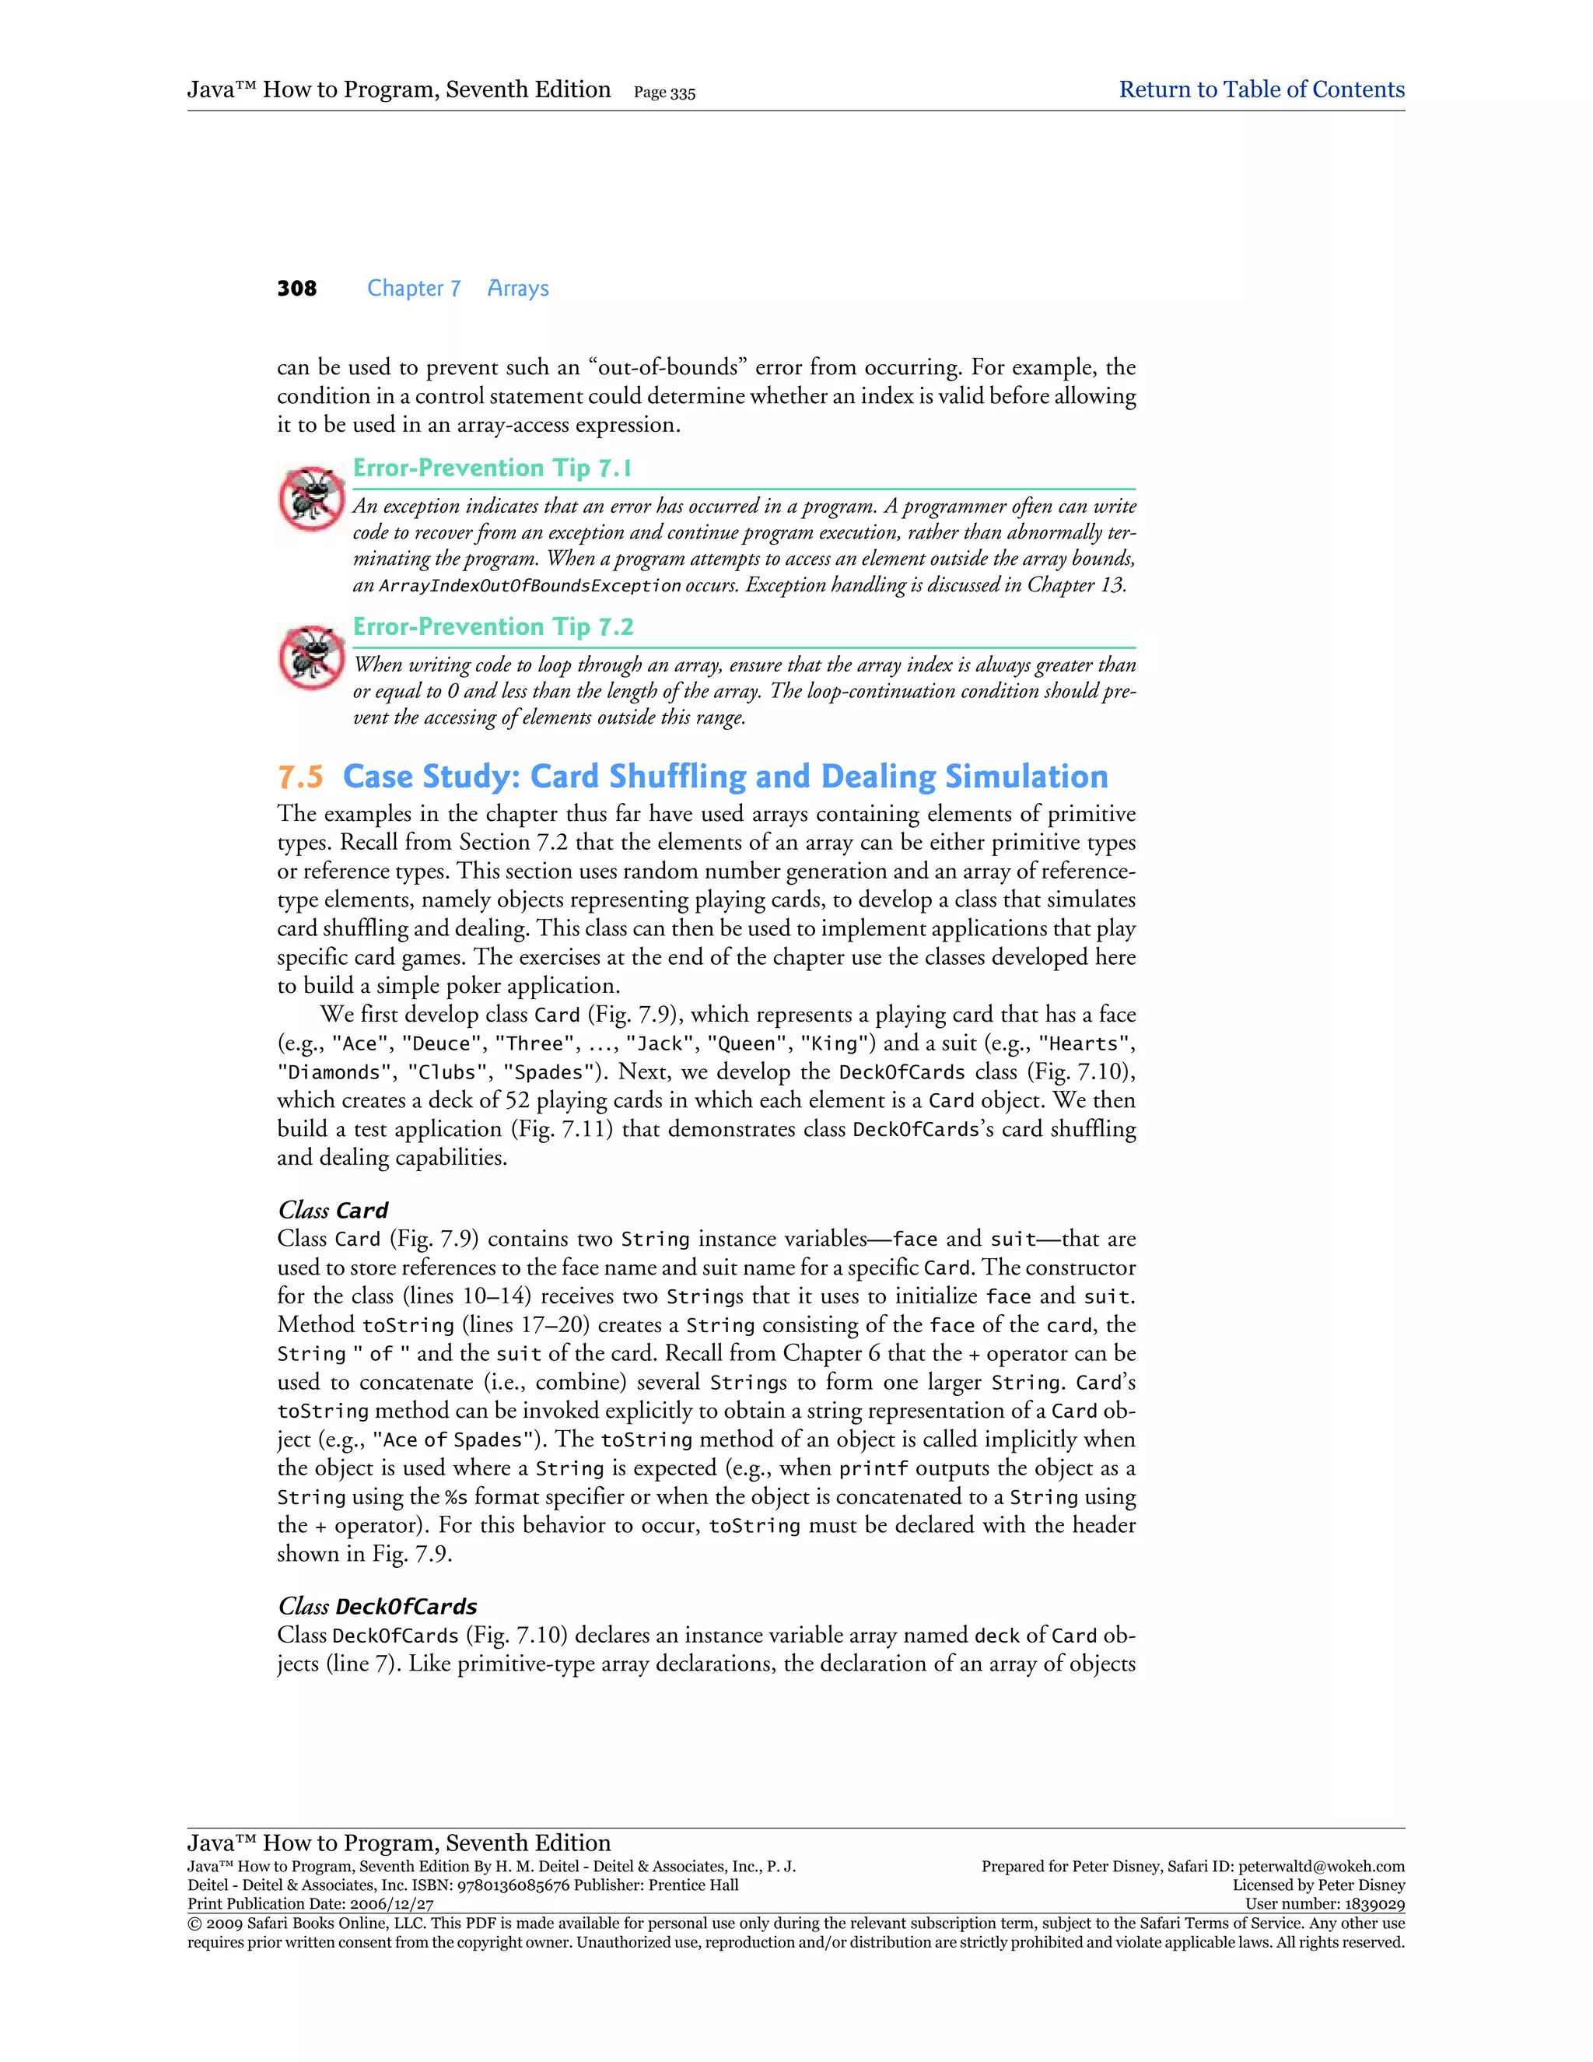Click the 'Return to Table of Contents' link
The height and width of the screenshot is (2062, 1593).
tap(1261, 89)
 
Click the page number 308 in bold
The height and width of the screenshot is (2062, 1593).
tap(296, 289)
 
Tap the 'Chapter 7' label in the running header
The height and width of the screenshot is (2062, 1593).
tap(413, 289)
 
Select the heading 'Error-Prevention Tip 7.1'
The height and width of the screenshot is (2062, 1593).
tap(492, 468)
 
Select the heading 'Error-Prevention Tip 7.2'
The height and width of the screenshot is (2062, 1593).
tap(492, 627)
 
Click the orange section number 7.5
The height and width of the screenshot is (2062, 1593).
tap(300, 777)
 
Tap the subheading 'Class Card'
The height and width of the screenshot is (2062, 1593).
tap(332, 1211)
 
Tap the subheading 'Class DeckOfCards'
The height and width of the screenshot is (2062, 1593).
tap(376, 1607)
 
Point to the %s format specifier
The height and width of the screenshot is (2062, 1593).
tap(456, 1497)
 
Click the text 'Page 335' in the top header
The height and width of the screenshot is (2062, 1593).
tap(664, 93)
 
